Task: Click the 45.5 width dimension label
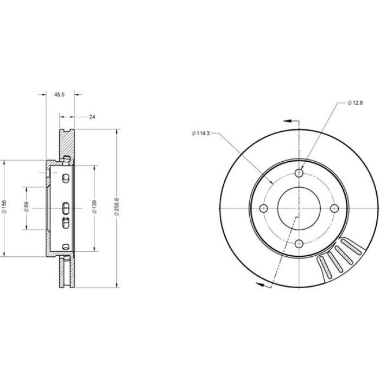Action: tap(59, 94)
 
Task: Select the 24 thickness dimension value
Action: tap(92, 117)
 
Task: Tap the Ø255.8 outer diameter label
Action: tap(117, 207)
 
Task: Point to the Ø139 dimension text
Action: tap(94, 207)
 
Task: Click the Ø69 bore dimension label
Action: tap(27, 207)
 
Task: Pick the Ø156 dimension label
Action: tap(4, 207)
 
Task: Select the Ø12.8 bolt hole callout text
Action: tap(355, 103)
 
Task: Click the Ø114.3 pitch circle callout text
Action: tap(201, 134)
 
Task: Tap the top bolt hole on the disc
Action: tap(299, 173)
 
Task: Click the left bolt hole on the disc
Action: tap(263, 208)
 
